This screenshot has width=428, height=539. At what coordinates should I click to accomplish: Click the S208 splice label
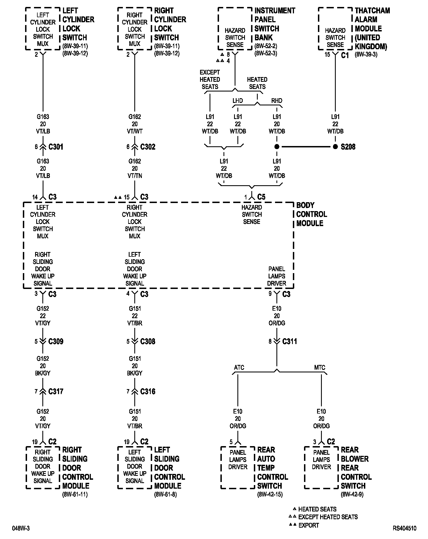(x=348, y=147)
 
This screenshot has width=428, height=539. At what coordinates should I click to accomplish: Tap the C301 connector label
(x=56, y=147)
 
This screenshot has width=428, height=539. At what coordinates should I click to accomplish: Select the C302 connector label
(x=148, y=147)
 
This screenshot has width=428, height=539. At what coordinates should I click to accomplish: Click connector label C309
(x=56, y=341)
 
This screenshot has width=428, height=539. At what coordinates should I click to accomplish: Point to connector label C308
(x=148, y=341)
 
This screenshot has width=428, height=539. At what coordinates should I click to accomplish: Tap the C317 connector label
(x=56, y=391)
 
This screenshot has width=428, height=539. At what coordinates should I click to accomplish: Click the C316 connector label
(x=148, y=391)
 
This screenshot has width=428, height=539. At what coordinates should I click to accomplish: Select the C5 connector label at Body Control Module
(x=261, y=197)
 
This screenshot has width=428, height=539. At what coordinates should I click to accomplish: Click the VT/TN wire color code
(x=135, y=176)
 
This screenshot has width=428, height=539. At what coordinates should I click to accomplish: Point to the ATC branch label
(x=239, y=367)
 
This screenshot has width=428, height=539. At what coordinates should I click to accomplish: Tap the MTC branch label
(x=320, y=367)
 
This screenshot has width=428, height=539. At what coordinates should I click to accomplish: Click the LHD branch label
(x=238, y=101)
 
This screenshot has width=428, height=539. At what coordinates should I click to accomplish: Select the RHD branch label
(x=277, y=101)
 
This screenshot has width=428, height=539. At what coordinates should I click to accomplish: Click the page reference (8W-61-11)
(x=75, y=494)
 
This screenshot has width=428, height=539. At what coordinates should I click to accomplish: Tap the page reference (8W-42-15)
(x=270, y=494)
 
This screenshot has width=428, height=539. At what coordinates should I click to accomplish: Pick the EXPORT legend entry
(x=308, y=525)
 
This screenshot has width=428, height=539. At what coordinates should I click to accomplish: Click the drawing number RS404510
(x=405, y=528)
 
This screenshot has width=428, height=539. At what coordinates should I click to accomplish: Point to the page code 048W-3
(x=21, y=528)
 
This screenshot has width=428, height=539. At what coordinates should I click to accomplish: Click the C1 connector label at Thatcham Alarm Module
(x=345, y=55)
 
